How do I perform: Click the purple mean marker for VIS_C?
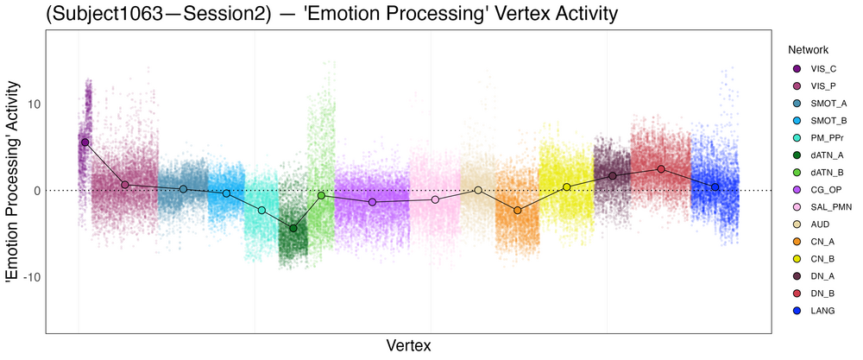85,142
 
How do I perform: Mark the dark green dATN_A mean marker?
293,228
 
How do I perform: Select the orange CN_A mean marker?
518,210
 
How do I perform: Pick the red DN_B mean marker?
661,169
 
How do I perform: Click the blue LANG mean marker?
715,186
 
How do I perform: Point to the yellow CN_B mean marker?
567,186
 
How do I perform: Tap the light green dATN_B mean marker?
321,195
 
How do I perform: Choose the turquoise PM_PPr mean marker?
261,210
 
